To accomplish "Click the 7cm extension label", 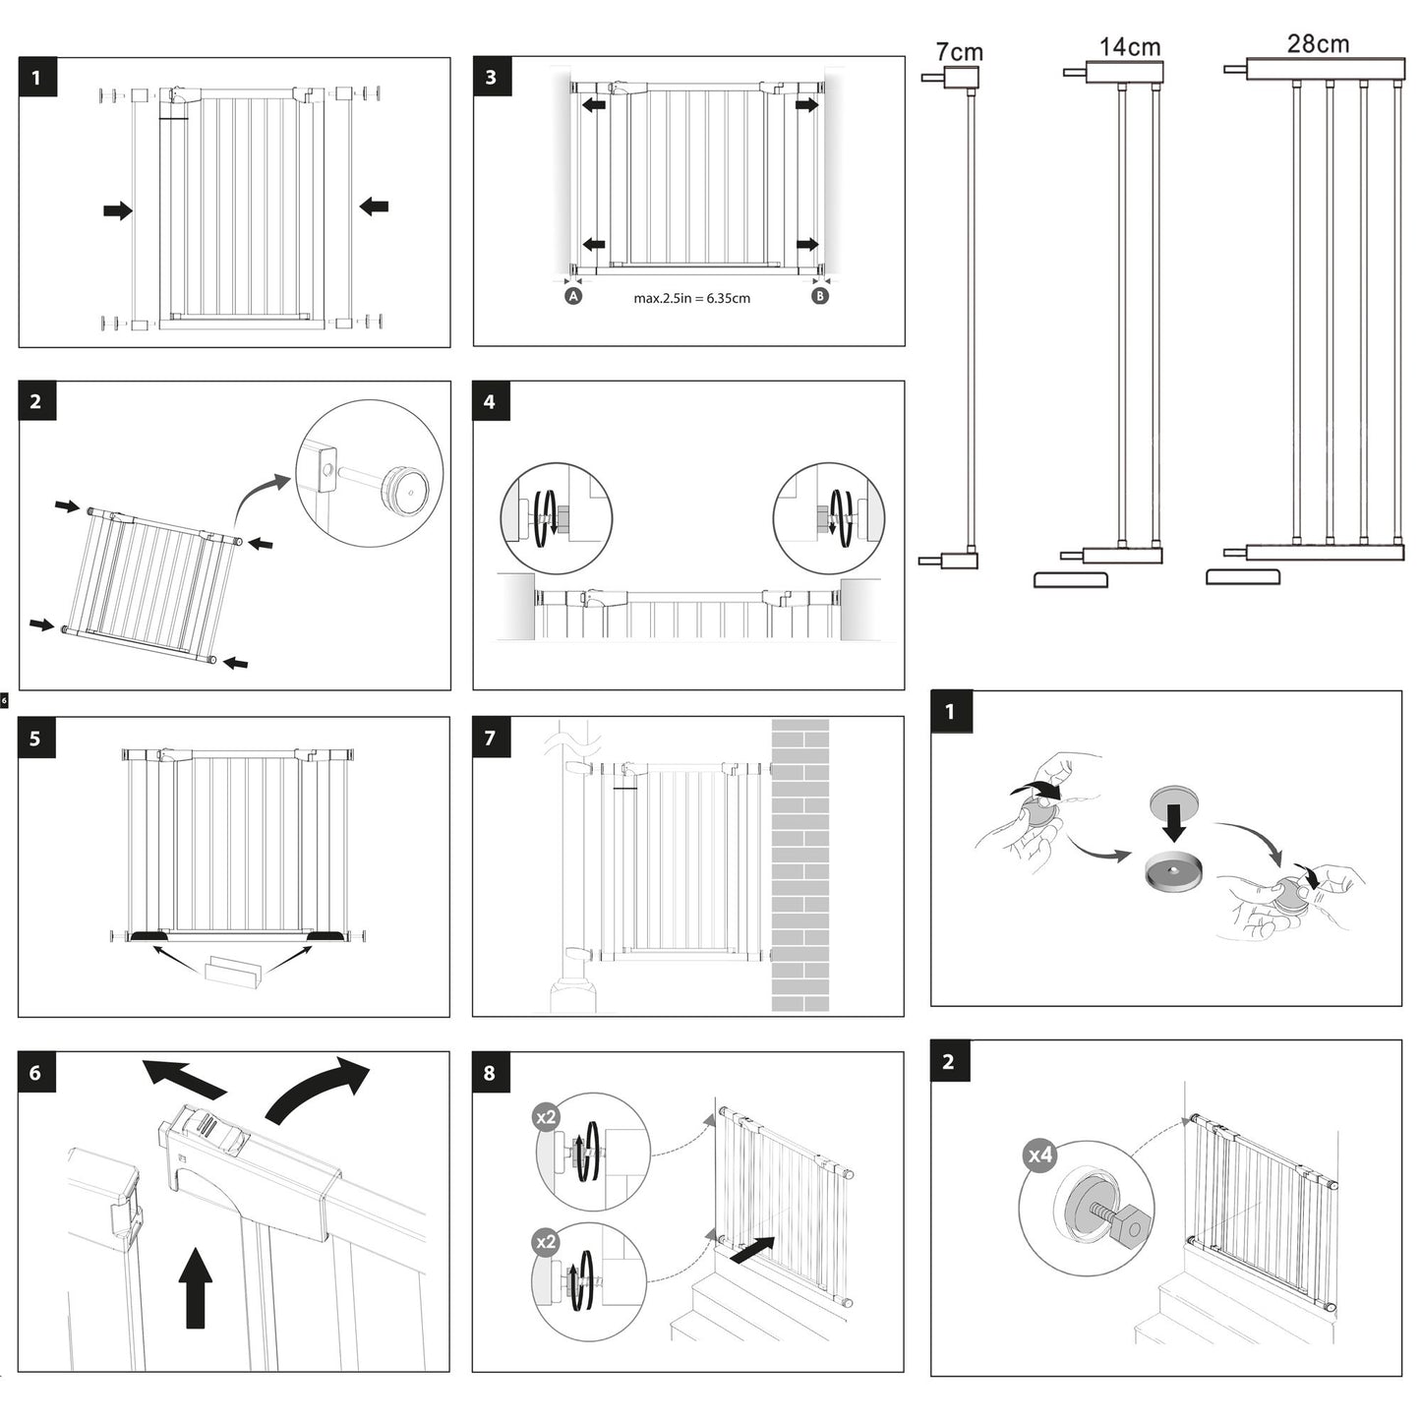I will coord(959,51).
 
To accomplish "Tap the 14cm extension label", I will coord(1129,46).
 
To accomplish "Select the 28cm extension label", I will coord(1318,43).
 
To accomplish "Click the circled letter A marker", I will coord(573,295).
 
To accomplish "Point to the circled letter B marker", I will coord(820,295).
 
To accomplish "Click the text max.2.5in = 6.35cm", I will coord(691,298).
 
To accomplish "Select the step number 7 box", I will coord(491,737).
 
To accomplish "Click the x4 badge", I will coord(1040,1155).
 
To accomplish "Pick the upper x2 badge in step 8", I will coord(546,1117).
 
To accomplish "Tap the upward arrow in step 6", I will coord(197,1287).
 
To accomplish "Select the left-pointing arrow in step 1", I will coord(374,207).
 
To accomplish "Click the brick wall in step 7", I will coord(800,865).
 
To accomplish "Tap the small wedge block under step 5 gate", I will coord(234,972).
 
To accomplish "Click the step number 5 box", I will coord(36,738).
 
